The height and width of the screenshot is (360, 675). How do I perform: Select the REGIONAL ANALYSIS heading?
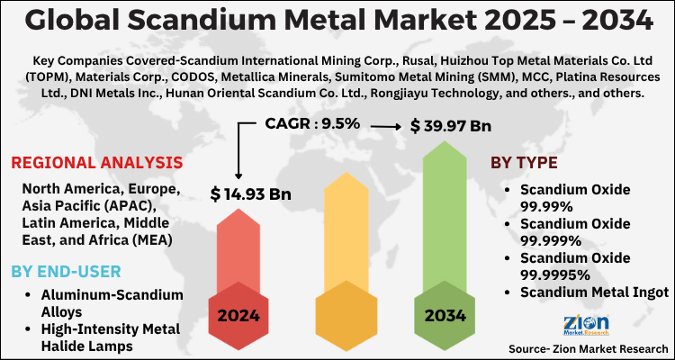point(96,163)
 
